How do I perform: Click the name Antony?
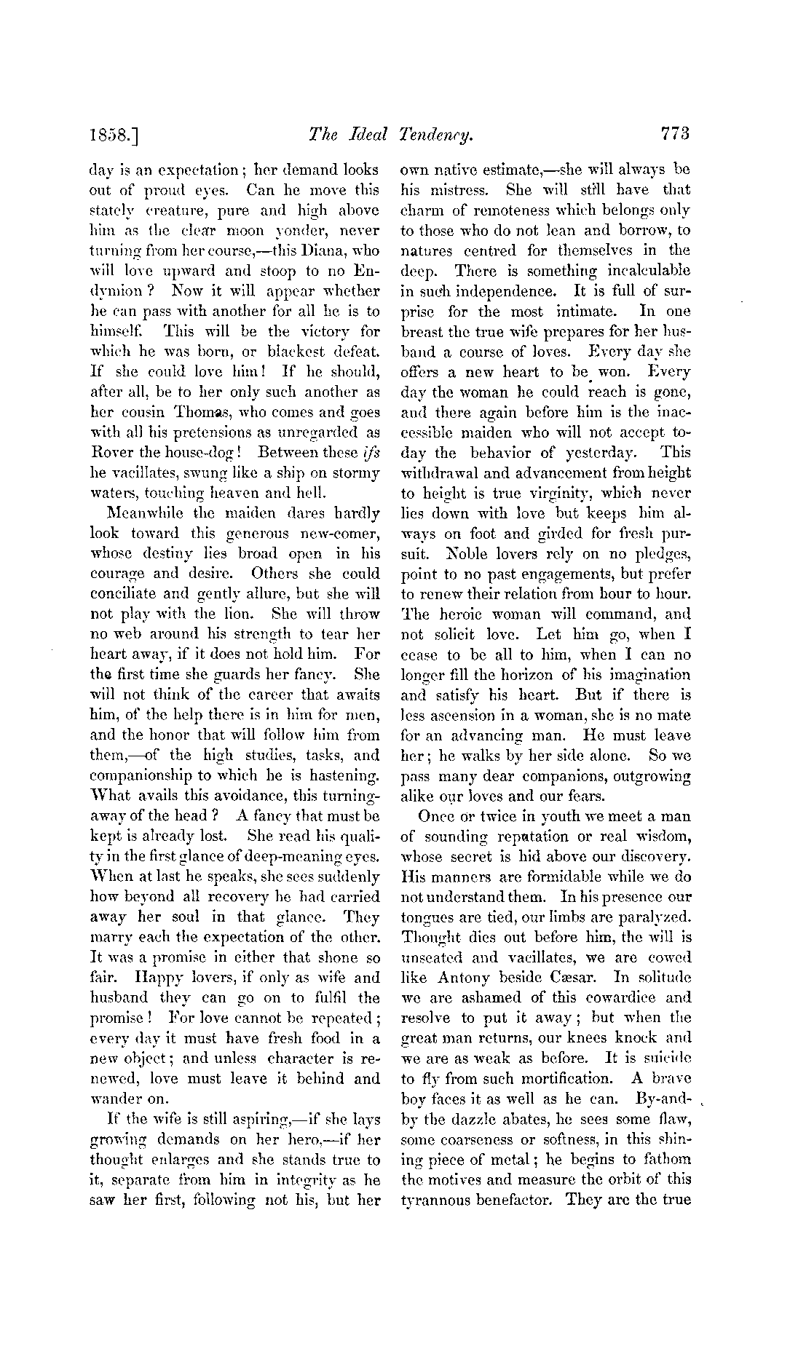pyautogui.click(x=470, y=977)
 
